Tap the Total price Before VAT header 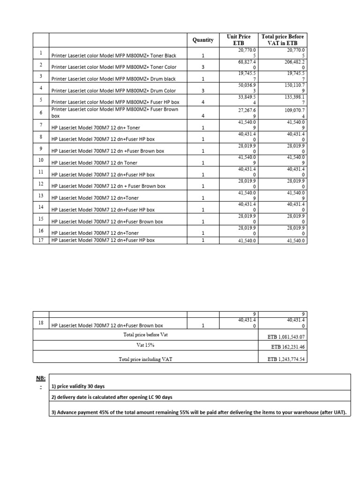click(x=283, y=39)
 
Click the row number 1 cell click(x=41, y=53)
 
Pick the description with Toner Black click(x=113, y=55)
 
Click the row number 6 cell click(x=41, y=112)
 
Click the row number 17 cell click(x=41, y=240)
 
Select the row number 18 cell click(x=41, y=323)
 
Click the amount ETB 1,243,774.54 click(x=285, y=359)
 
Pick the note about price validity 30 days click(x=78, y=387)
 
